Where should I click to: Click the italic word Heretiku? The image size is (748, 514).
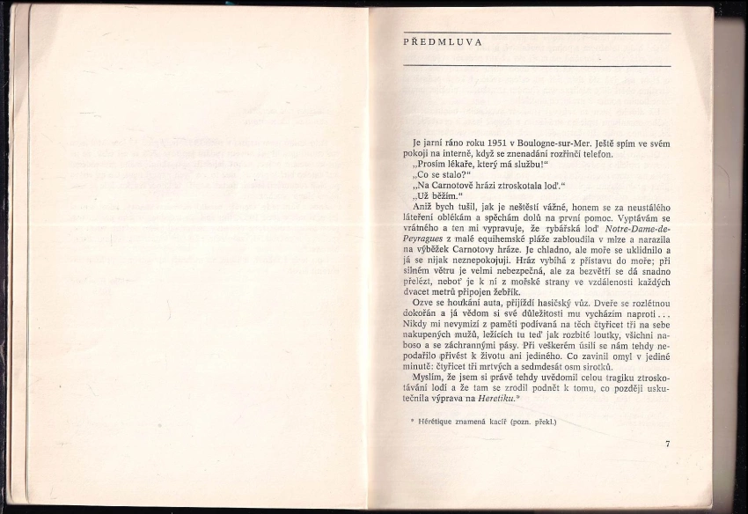point(495,399)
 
